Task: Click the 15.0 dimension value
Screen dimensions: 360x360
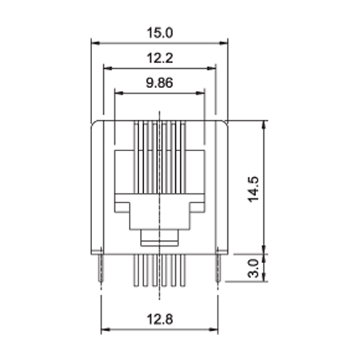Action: point(160,33)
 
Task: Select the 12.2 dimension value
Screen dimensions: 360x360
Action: point(160,58)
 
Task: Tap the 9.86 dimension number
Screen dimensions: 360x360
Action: point(159,82)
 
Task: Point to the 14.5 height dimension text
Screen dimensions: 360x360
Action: point(254,189)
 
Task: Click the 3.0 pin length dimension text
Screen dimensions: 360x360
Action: point(254,268)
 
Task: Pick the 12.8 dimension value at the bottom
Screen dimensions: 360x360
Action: point(160,319)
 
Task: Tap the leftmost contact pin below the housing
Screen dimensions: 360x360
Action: point(136,270)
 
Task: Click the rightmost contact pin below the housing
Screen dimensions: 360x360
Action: point(182,270)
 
